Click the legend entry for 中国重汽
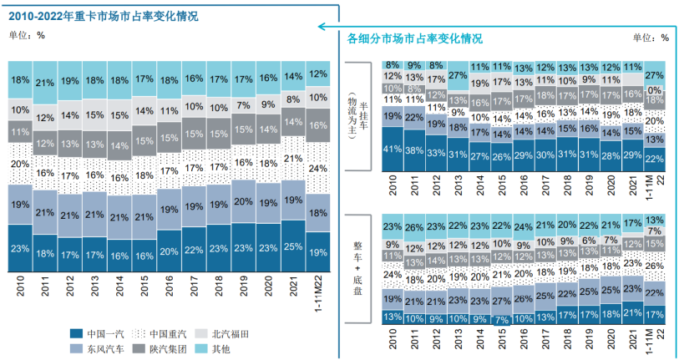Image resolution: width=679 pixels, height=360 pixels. click(168, 333)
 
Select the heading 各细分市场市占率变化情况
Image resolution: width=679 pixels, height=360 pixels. click(414, 38)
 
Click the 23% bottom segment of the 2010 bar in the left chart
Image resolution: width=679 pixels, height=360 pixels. click(19, 248)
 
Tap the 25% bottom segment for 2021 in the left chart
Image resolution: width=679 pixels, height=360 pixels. click(293, 246)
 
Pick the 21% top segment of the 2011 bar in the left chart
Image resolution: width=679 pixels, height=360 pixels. click(45, 83)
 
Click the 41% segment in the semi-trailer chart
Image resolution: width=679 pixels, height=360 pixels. click(392, 150)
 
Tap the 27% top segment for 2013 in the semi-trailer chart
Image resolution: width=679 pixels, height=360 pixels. click(458, 75)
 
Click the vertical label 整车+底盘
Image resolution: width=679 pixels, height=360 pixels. click(356, 266)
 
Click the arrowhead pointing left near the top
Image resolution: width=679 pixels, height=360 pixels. click(322, 27)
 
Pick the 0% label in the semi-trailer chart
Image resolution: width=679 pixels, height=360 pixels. click(654, 90)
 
